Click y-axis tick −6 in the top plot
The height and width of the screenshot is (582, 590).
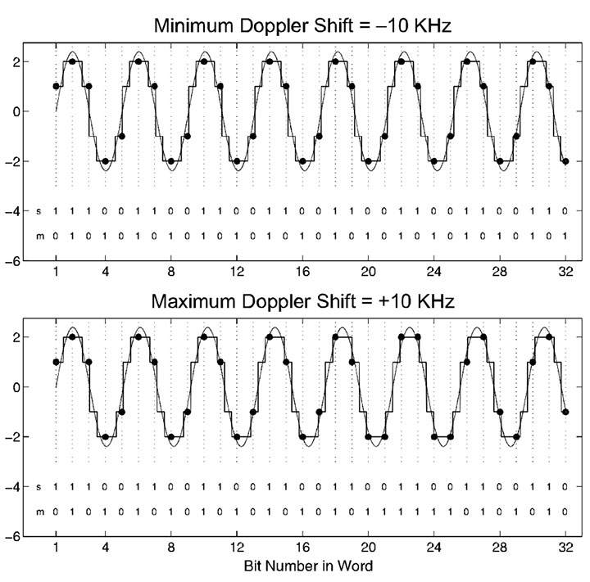pyautogui.click(x=14, y=261)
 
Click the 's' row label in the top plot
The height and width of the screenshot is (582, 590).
pyautogui.click(x=39, y=211)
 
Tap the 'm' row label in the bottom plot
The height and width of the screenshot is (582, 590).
pyautogui.click(x=39, y=512)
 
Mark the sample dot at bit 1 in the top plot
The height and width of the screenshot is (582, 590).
pyautogui.click(x=56, y=86)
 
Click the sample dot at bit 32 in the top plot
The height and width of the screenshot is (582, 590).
pyautogui.click(x=565, y=160)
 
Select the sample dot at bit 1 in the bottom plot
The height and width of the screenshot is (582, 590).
pyautogui.click(x=56, y=362)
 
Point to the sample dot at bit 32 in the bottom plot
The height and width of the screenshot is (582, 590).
pyautogui.click(x=565, y=412)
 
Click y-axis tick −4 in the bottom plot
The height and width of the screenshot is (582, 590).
pyautogui.click(x=14, y=487)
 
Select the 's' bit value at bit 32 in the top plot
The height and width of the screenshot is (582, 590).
pyautogui.click(x=565, y=211)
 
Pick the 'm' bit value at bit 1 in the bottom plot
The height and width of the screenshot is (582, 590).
pyautogui.click(x=56, y=512)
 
